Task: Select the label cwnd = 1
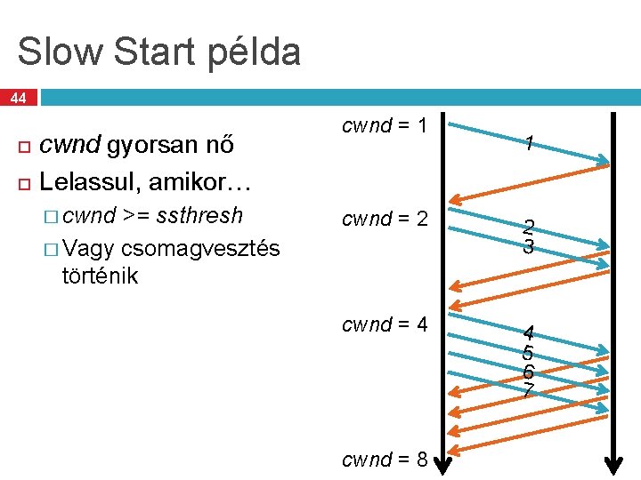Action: tap(385, 126)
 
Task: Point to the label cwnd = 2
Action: tap(385, 219)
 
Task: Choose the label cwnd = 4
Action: tap(385, 324)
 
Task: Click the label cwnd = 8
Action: tap(385, 460)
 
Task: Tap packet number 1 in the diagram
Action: tap(529, 142)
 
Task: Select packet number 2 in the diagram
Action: tap(529, 228)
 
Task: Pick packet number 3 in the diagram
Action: tap(529, 247)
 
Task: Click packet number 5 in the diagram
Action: tap(529, 353)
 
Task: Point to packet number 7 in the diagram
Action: tap(529, 392)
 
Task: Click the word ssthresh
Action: tap(199, 216)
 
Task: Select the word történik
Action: tap(101, 276)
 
